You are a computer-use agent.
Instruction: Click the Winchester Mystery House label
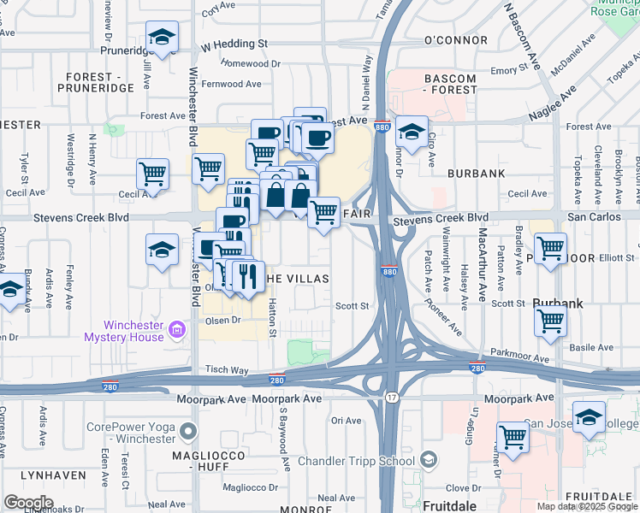click(133, 330)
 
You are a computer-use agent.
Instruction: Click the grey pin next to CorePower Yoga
click(189, 432)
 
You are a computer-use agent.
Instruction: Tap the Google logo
click(28, 503)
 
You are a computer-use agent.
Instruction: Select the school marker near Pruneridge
click(160, 38)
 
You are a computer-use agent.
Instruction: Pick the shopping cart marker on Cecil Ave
click(152, 174)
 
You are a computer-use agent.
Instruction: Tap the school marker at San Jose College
click(589, 418)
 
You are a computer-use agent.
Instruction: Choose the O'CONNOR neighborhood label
click(454, 40)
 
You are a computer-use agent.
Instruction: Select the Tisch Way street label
click(226, 370)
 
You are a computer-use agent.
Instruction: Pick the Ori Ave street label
click(347, 421)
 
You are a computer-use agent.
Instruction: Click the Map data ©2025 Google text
click(586, 506)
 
